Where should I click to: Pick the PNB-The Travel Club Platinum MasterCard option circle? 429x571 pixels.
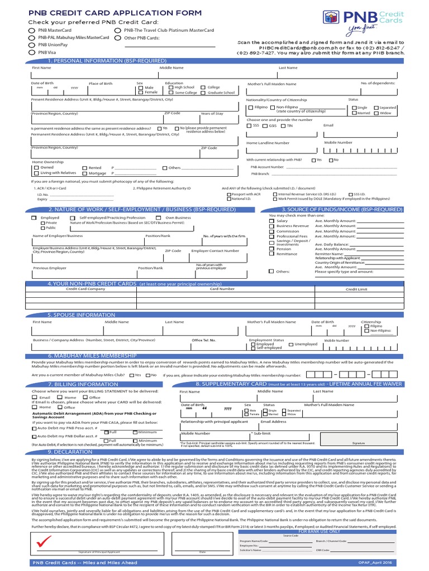click(117, 31)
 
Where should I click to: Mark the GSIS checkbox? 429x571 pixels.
click(265, 125)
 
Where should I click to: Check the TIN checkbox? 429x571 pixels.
click(283, 125)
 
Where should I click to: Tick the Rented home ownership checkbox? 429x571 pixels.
click(85, 167)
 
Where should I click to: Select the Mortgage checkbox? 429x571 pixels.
click(85, 173)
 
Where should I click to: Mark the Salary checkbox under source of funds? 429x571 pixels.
click(272, 221)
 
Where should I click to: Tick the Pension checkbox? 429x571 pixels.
click(272, 249)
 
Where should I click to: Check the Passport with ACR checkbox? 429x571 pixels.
click(228, 194)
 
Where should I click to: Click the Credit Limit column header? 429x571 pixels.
click(356, 289)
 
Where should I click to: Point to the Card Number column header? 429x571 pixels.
click(222, 289)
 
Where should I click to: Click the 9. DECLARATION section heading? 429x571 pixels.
click(70, 452)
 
